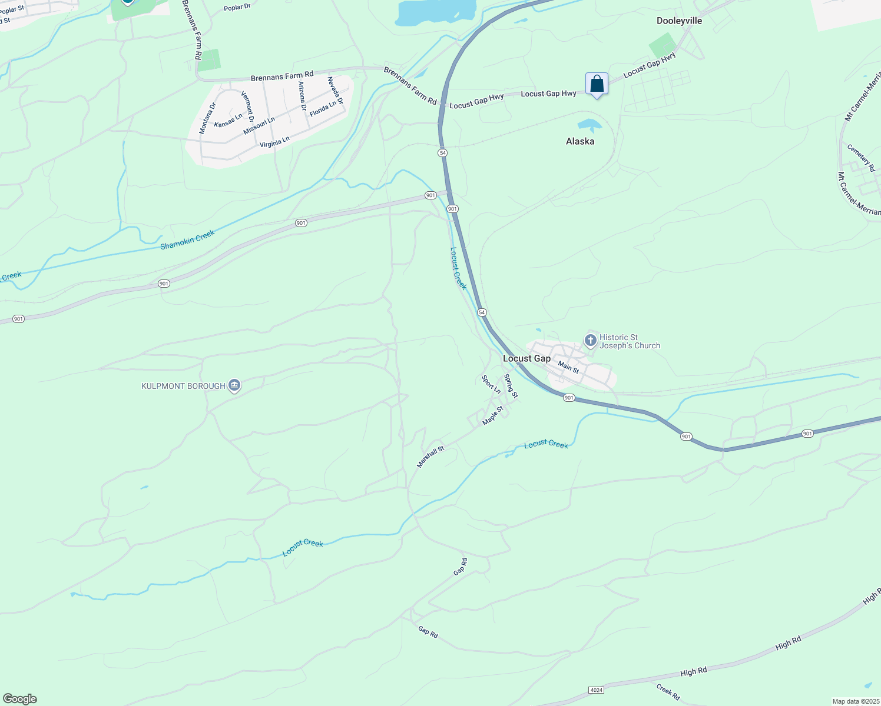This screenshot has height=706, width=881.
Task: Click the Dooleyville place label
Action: (x=679, y=21)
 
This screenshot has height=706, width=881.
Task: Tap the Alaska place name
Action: (x=580, y=141)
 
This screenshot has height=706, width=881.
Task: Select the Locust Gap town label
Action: (x=526, y=358)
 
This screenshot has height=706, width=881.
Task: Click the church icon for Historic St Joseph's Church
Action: (x=590, y=341)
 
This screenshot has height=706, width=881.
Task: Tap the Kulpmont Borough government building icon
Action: (x=234, y=386)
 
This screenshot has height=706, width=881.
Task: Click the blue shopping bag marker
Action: (x=597, y=84)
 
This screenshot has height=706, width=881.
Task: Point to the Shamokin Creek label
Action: (x=188, y=239)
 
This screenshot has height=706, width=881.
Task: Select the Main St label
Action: (x=568, y=367)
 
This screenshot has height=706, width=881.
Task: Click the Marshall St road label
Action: (x=430, y=457)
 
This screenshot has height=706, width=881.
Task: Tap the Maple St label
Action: (x=493, y=415)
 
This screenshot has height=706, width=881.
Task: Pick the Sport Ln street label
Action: (x=491, y=385)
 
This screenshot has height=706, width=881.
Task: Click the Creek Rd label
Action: (x=668, y=692)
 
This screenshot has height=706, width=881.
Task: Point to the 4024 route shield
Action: (x=596, y=689)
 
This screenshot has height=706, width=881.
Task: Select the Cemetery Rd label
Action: (x=861, y=158)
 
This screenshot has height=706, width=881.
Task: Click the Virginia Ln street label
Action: (x=274, y=142)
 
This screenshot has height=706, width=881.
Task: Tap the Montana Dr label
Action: (x=207, y=118)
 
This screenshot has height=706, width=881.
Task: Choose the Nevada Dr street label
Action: (x=335, y=91)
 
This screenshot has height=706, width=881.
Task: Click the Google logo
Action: (x=19, y=699)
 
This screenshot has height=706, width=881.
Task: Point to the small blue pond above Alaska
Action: (x=589, y=124)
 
